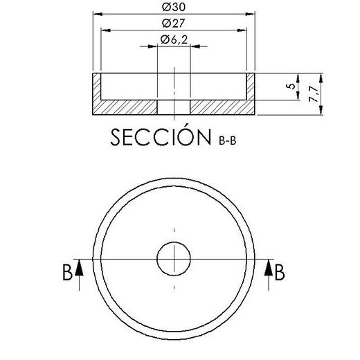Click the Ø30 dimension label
coord(174,8)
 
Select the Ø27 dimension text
coord(174,24)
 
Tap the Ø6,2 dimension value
coord(174,41)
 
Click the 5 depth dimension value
coord(289,86)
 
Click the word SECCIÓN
coord(161,137)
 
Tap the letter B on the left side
coord(67,273)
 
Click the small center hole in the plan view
coord(174,259)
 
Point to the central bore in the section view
coord(174,107)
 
